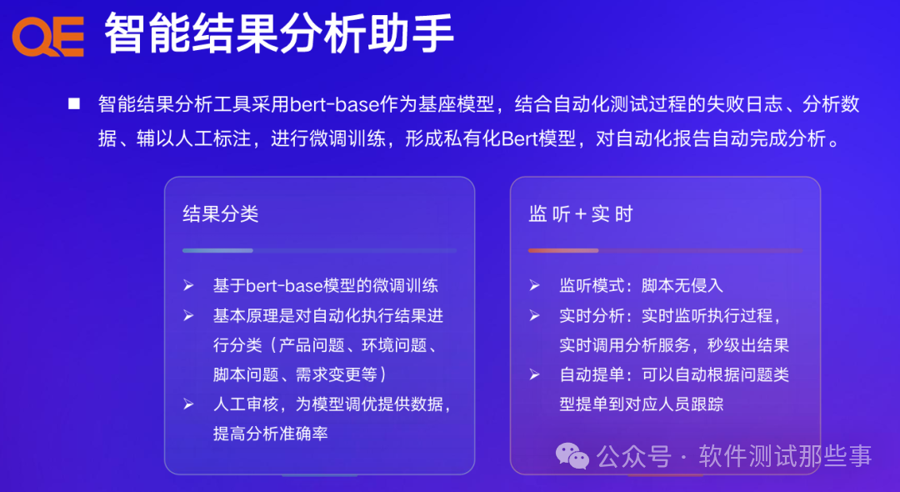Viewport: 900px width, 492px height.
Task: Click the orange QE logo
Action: point(47,37)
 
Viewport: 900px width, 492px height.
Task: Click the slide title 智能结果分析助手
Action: point(279,35)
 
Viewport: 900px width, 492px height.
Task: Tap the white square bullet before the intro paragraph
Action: point(74,103)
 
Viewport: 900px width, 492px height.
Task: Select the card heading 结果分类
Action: point(221,213)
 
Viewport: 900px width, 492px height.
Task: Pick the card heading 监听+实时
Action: point(581,213)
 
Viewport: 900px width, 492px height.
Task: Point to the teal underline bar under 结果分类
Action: point(217,250)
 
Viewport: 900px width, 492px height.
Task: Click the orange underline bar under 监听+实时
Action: point(563,250)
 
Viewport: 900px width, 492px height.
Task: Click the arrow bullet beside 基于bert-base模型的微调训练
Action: point(188,285)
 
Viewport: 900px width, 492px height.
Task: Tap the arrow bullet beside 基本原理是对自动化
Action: point(188,316)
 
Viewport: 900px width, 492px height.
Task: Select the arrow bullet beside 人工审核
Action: point(188,404)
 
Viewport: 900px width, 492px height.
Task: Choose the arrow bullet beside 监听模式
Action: point(534,285)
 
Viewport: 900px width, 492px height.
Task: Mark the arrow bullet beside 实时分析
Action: point(534,316)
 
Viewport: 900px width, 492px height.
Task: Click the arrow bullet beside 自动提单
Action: point(534,374)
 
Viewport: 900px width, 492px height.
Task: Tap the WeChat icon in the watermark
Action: point(572,455)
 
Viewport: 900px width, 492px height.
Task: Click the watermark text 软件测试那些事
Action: point(785,456)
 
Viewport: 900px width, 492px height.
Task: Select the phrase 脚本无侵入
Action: point(682,285)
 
